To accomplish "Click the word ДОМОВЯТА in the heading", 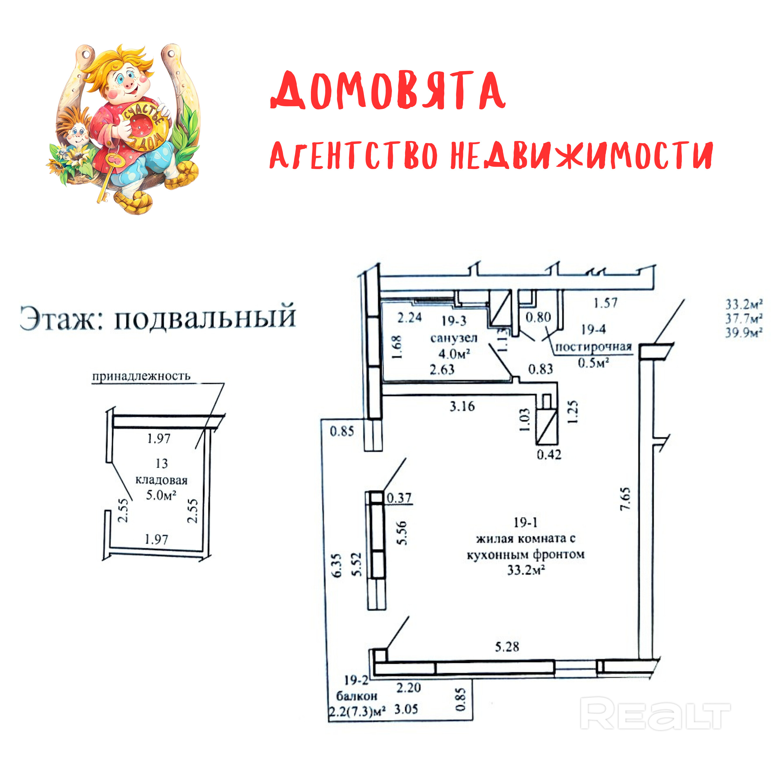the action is tap(388, 91).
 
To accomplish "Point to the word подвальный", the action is tap(205, 318).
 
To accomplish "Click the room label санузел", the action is tap(454, 338).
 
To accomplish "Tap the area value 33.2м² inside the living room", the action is tap(526, 570).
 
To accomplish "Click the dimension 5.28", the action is tap(507, 646).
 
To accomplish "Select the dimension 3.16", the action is tap(462, 406).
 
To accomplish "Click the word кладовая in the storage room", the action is tap(161, 480).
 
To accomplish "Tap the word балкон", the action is tap(356, 696).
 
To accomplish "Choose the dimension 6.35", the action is tap(337, 565).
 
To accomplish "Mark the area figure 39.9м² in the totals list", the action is tap(744, 333).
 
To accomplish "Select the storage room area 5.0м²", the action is tap(161, 495).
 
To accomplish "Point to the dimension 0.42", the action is tap(549, 454).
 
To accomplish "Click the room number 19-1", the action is tap(525, 522).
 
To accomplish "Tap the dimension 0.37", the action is tap(399, 498).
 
